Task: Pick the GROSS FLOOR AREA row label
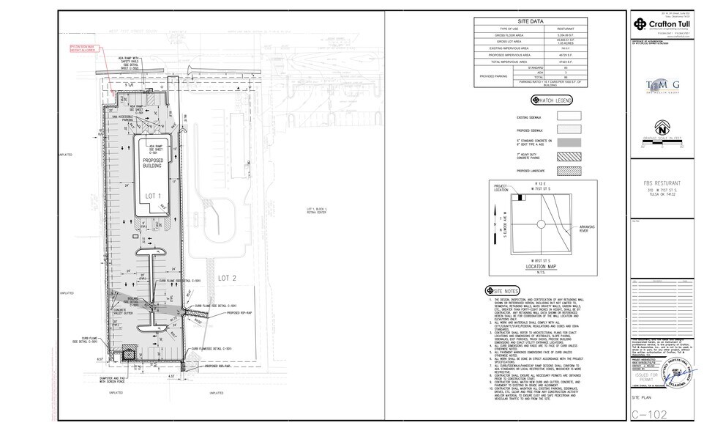(508, 34)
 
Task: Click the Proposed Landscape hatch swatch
(564, 172)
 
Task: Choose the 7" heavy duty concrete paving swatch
(564, 158)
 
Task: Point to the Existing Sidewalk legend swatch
(564, 115)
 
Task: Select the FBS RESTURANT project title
(663, 182)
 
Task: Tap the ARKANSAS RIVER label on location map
(588, 229)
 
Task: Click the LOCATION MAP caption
(542, 267)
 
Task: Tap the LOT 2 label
(225, 279)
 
